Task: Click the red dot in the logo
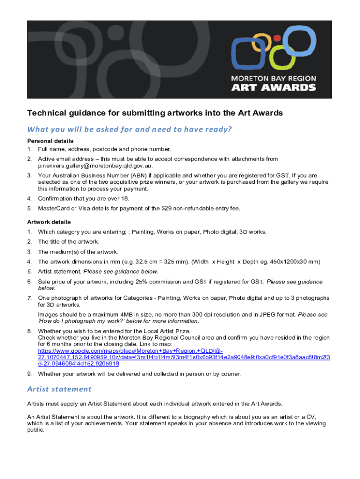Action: click(277, 38)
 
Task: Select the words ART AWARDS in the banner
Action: click(274, 87)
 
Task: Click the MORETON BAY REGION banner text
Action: click(274, 78)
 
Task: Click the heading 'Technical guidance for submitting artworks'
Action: click(155, 113)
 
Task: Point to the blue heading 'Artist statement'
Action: click(59, 389)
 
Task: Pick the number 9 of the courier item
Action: click(29, 374)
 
